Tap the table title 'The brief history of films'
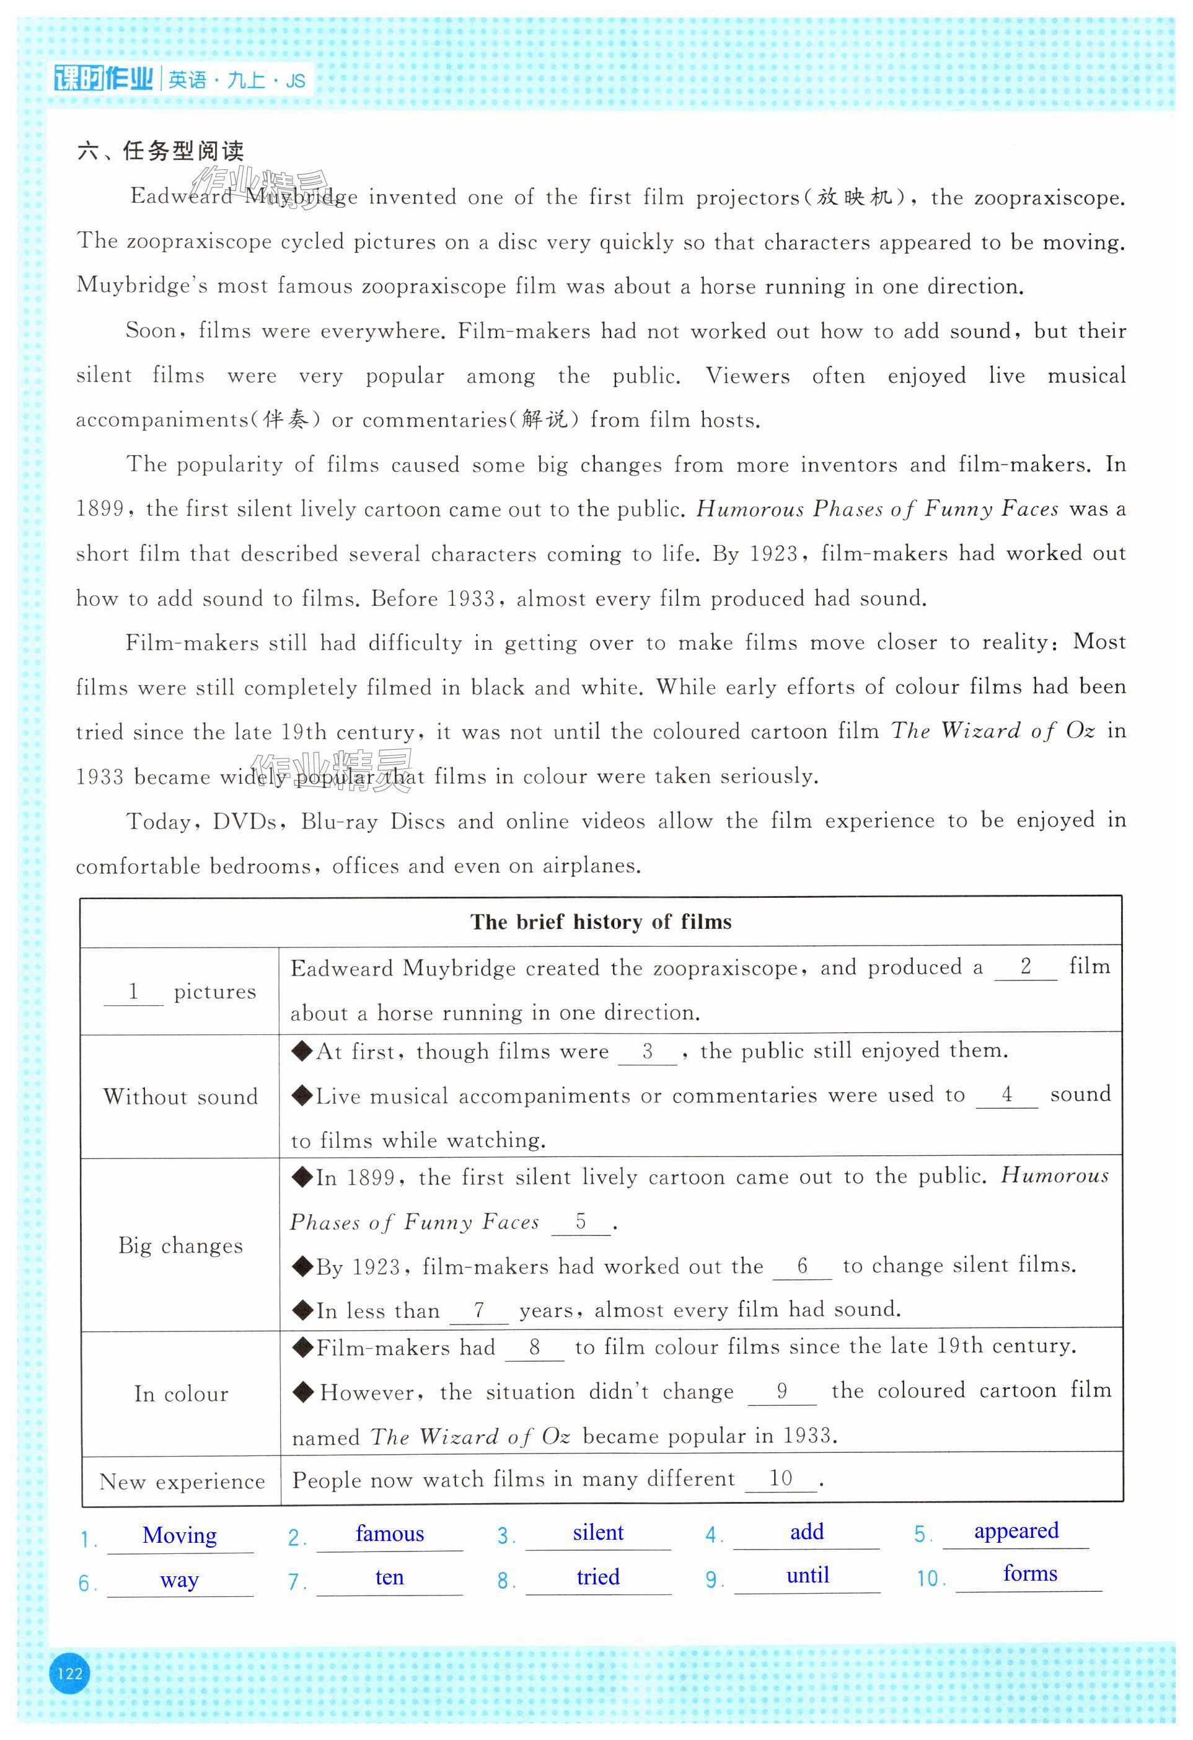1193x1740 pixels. coord(601,921)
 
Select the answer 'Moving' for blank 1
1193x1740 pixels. coord(180,1535)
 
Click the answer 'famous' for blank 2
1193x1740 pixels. coord(389,1534)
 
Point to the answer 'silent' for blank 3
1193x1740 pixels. coord(598,1533)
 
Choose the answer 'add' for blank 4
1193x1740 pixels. coord(807,1532)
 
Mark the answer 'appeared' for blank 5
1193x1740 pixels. coord(1016,1530)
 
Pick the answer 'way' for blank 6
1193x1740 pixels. coord(179,1580)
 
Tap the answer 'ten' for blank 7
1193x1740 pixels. coord(389,1578)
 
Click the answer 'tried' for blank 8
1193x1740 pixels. coord(598,1577)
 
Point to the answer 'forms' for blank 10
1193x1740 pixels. coord(1030,1574)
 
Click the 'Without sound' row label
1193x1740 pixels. coord(180,1097)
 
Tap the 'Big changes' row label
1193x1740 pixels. coord(180,1246)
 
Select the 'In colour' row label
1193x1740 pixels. coord(181,1394)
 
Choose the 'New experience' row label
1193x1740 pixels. coord(182,1481)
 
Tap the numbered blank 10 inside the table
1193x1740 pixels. coord(781,1479)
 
